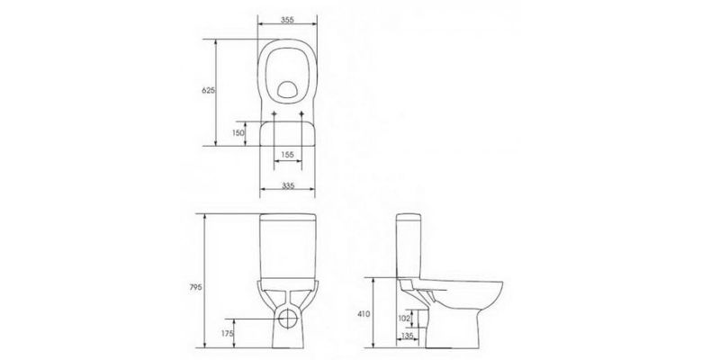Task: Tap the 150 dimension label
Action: coord(238,132)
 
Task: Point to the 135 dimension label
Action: coord(408,336)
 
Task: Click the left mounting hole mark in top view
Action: coord(274,114)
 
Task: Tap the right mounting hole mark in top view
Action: coord(301,114)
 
